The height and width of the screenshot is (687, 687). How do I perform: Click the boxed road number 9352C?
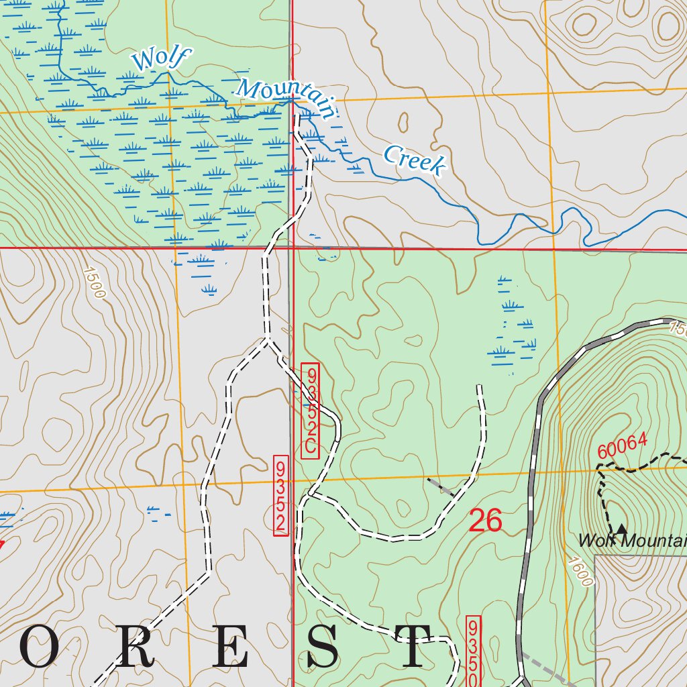click(309, 411)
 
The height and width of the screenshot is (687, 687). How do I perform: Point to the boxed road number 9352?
click(281, 495)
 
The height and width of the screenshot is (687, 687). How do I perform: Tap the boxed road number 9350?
click(473, 651)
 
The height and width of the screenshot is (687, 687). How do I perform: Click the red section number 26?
click(485, 521)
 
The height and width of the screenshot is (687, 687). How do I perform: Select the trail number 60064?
click(622, 446)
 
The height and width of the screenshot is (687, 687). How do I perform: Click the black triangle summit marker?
click(622, 529)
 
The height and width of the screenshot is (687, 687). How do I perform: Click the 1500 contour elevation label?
click(95, 282)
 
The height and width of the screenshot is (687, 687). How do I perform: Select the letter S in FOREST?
click(322, 647)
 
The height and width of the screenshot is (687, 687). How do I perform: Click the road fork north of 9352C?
click(267, 341)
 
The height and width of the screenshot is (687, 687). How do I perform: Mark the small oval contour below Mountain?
click(403, 122)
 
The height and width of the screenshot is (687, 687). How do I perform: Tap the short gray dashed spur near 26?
click(440, 487)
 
